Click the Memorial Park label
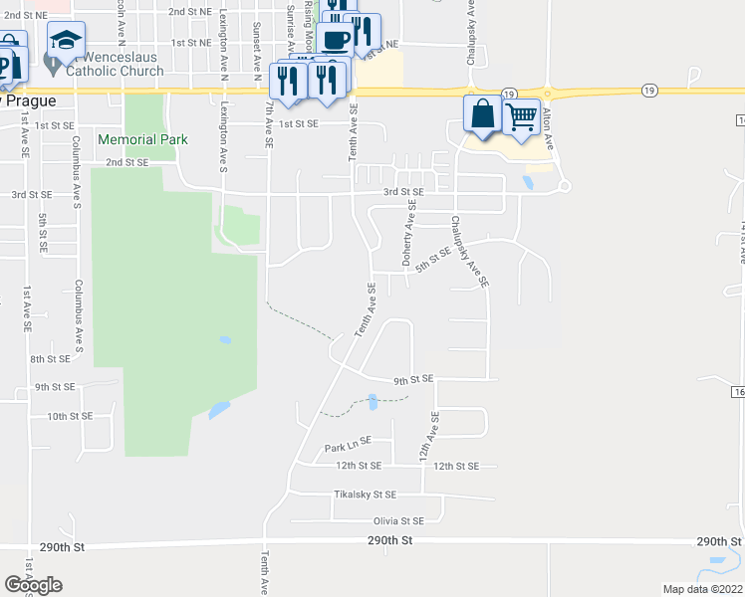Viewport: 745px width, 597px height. [142, 139]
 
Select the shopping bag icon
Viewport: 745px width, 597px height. [482, 115]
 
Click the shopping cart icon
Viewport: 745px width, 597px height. [521, 117]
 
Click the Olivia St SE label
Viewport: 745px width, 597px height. [398, 520]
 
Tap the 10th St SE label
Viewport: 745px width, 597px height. [70, 416]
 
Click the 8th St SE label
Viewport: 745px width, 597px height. [50, 359]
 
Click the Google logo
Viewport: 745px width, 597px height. [33, 585]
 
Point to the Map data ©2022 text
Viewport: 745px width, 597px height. [701, 589]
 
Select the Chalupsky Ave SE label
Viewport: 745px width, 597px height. [469, 253]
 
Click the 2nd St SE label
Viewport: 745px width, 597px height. [127, 162]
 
